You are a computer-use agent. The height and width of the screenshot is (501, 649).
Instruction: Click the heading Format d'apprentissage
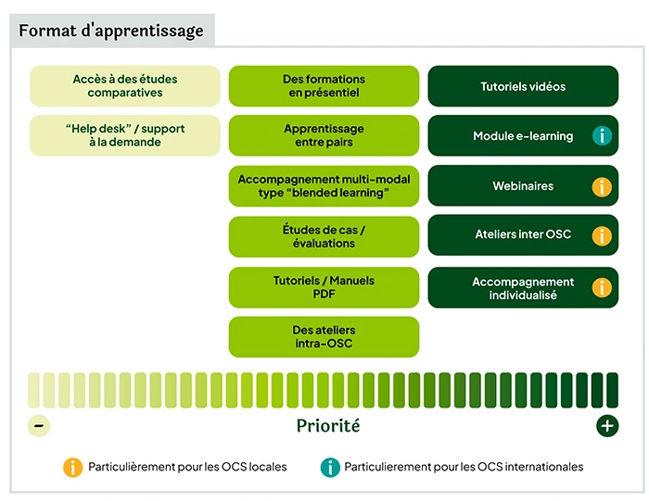(111, 31)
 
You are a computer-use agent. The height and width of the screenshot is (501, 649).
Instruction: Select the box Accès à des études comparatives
(125, 86)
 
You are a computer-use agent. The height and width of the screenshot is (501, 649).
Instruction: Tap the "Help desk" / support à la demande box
(125, 135)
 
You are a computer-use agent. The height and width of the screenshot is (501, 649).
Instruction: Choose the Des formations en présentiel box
(324, 86)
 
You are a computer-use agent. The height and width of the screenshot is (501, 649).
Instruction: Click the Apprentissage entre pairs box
(324, 135)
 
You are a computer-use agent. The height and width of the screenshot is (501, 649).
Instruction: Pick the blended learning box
(324, 185)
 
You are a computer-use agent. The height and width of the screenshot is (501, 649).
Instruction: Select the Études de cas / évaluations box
(324, 236)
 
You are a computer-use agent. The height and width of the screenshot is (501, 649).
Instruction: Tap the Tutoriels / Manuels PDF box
(324, 287)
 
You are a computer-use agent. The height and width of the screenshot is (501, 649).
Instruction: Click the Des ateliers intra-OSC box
(324, 337)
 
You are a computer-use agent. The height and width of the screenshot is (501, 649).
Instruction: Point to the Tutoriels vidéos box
(523, 86)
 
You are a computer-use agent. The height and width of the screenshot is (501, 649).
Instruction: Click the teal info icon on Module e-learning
(602, 136)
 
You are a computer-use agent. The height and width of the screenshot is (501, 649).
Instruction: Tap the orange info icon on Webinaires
(602, 186)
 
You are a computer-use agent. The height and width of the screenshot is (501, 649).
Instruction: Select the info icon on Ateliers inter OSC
(602, 236)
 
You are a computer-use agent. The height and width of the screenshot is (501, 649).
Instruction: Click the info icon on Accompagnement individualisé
(602, 288)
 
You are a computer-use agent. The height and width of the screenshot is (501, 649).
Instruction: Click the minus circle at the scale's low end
(39, 426)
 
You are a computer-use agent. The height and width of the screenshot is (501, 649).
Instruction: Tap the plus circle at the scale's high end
(606, 426)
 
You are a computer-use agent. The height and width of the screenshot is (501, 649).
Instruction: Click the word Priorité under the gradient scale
(327, 426)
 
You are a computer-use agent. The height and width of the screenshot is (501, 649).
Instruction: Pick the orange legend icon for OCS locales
(72, 467)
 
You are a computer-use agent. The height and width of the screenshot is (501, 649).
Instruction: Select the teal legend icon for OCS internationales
(329, 467)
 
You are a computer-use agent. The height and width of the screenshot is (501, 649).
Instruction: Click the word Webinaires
(523, 186)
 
